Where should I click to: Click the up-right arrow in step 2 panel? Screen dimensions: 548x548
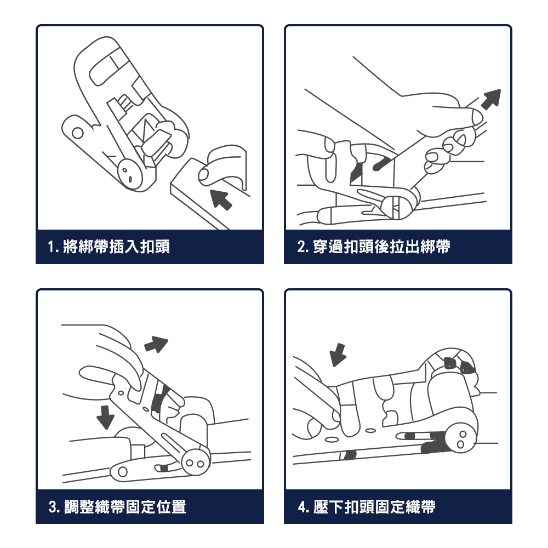coord(491,99)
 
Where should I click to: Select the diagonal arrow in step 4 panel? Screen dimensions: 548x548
coord(338,355)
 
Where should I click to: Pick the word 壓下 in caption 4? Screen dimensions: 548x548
coord(328,507)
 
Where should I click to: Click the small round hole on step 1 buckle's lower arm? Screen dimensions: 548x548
coord(78,133)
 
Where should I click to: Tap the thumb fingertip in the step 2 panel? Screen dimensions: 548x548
coord(475,117)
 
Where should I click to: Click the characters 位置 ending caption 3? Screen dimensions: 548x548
coord(171,507)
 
